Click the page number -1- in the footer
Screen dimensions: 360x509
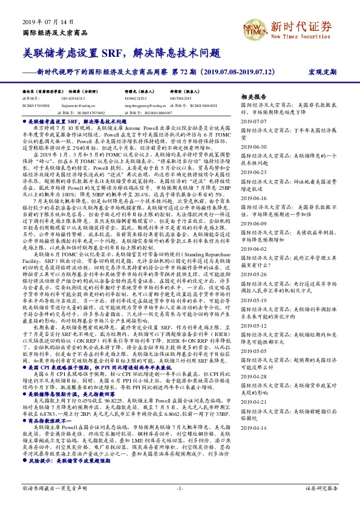(x=180, y=487)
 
